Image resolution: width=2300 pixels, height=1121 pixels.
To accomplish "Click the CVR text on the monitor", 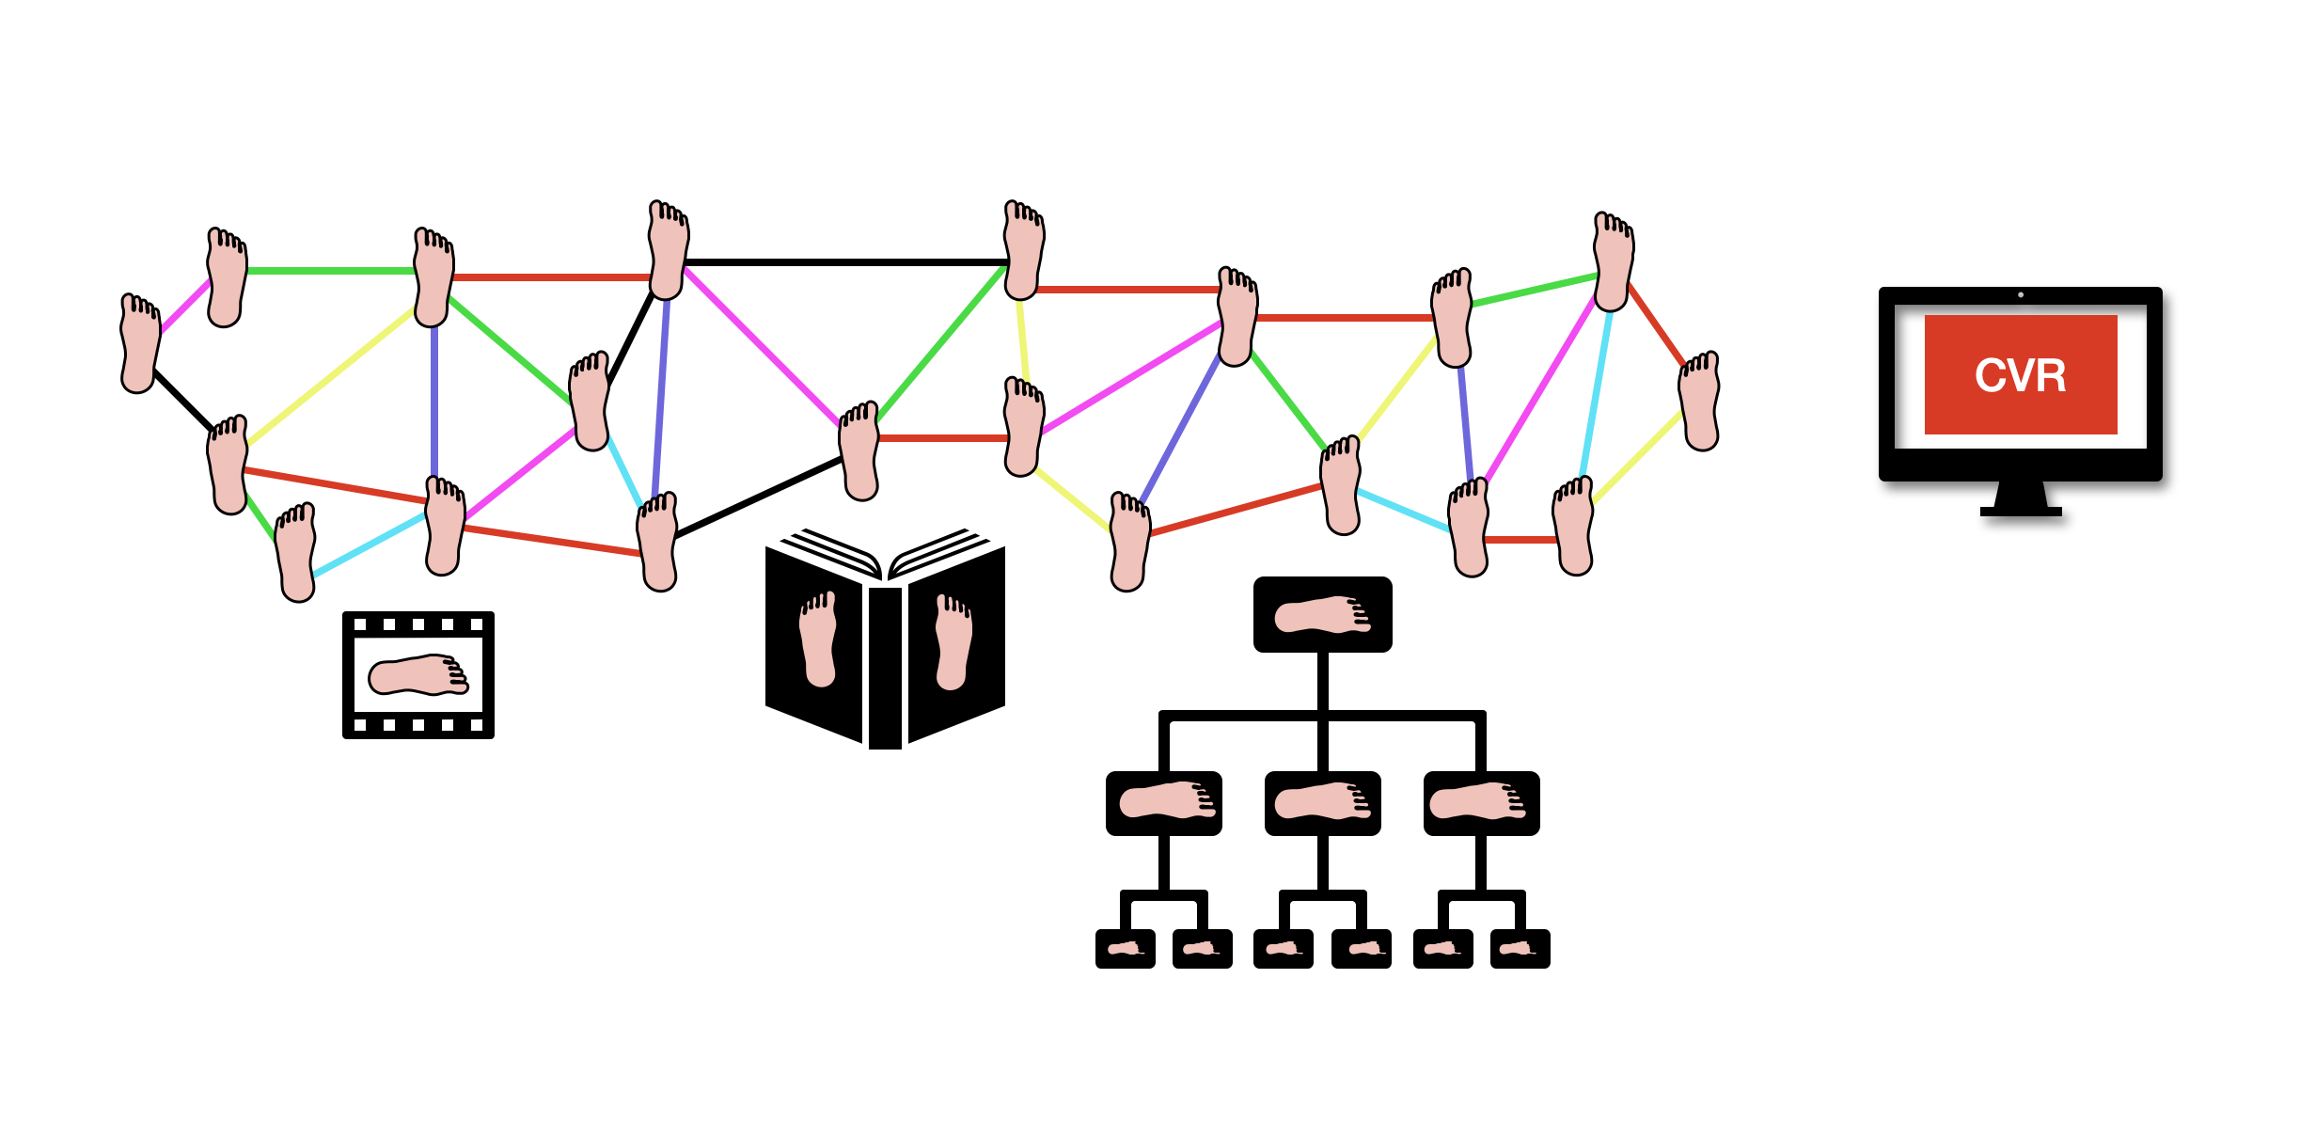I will click(x=2020, y=376).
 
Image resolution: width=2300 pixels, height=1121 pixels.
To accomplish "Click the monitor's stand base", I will click(x=2021, y=512).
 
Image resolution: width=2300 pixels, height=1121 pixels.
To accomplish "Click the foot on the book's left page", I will click(x=818, y=639).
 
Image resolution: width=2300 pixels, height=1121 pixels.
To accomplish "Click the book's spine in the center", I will click(x=885, y=668).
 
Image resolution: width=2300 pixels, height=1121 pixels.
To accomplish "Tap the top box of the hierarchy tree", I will click(x=1322, y=615).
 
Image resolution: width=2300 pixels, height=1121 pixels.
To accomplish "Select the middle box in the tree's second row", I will click(x=1322, y=803).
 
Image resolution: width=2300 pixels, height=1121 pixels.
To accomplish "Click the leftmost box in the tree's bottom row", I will click(x=1125, y=949).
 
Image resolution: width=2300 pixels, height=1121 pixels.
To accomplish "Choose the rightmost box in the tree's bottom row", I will click(x=1520, y=949).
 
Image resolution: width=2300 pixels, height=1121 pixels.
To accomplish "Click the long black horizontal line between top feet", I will click(x=846, y=262).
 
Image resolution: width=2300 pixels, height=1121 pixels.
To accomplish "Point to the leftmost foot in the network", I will click(x=140, y=342).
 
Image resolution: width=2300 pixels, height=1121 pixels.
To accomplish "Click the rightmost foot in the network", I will click(x=1699, y=402).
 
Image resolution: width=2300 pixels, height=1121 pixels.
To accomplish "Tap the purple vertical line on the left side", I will click(x=434, y=400).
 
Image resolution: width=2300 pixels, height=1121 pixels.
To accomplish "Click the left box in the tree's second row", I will click(x=1164, y=803).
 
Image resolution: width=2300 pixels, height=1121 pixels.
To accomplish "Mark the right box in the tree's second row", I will click(x=1481, y=803).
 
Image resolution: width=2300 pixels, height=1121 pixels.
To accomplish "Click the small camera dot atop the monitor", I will click(x=2021, y=295).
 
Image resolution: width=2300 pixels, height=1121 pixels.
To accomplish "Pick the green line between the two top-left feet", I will click(x=329, y=271).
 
